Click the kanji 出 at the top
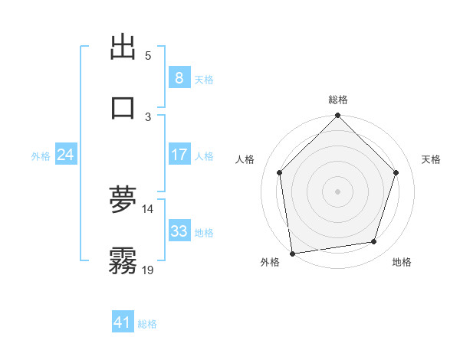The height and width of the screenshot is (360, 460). [123, 47]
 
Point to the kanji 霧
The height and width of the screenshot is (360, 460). [123, 260]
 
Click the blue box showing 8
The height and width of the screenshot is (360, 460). [179, 77]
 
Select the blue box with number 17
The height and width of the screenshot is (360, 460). [179, 155]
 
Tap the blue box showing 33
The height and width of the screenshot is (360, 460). [179, 231]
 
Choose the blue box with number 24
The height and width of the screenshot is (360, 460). [65, 155]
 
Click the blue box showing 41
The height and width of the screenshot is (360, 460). [122, 322]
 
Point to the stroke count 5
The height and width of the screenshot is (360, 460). [148, 55]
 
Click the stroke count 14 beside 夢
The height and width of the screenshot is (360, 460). [148, 208]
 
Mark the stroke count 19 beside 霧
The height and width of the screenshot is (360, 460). [148, 269]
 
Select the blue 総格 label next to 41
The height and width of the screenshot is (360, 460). [147, 324]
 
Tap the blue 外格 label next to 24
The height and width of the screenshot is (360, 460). [41, 156]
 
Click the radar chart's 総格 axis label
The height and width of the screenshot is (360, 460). [338, 100]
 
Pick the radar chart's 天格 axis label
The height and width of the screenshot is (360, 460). [431, 159]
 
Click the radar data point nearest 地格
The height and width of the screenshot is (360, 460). [374, 242]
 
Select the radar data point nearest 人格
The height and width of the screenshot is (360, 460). [280, 172]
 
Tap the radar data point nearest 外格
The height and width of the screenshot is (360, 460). [292, 253]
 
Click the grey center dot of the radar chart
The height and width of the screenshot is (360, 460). [338, 191]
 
